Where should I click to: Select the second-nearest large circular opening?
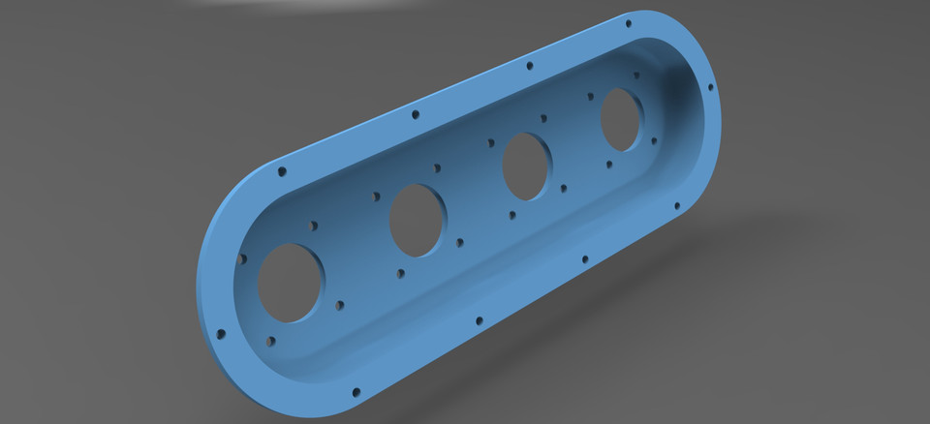point(418,220)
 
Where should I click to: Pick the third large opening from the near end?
point(527,167)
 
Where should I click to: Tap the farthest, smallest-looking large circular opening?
point(621,119)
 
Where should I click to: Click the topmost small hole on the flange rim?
point(629,21)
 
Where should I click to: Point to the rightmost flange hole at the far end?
point(710,87)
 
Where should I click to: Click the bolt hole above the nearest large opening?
point(312,225)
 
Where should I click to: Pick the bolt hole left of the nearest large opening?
point(241,258)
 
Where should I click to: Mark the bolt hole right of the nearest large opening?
point(340,304)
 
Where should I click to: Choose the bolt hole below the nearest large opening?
point(270,341)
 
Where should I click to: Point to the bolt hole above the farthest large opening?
point(636,75)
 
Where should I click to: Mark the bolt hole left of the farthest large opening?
point(590,95)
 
